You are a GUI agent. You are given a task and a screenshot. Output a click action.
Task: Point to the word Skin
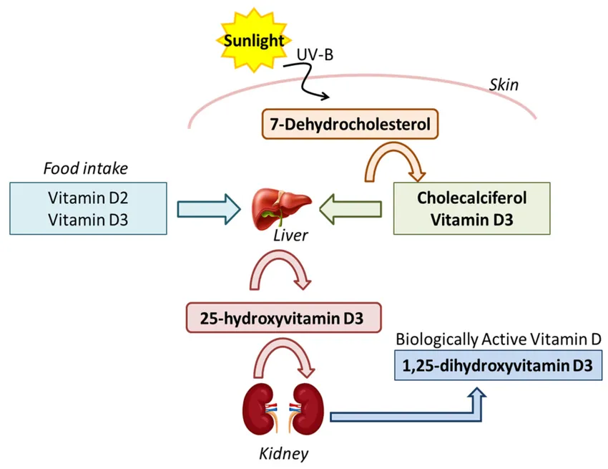503,85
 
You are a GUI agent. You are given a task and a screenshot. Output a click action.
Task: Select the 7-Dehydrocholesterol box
349,125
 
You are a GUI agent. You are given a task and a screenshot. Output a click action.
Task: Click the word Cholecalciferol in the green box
472,197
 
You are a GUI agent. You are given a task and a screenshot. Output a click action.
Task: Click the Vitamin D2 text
89,198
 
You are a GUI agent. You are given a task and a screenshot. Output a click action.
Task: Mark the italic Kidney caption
285,453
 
